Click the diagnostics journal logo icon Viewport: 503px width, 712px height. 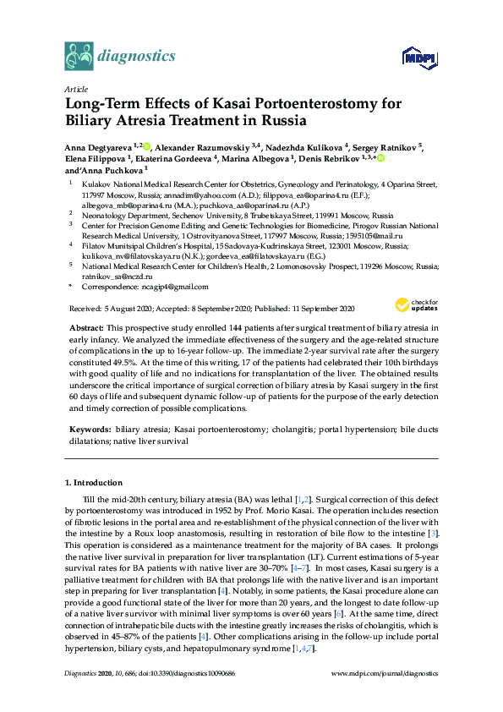tap(78, 56)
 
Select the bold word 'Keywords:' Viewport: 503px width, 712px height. tap(90, 430)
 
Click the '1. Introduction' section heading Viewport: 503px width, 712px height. tap(93, 483)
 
